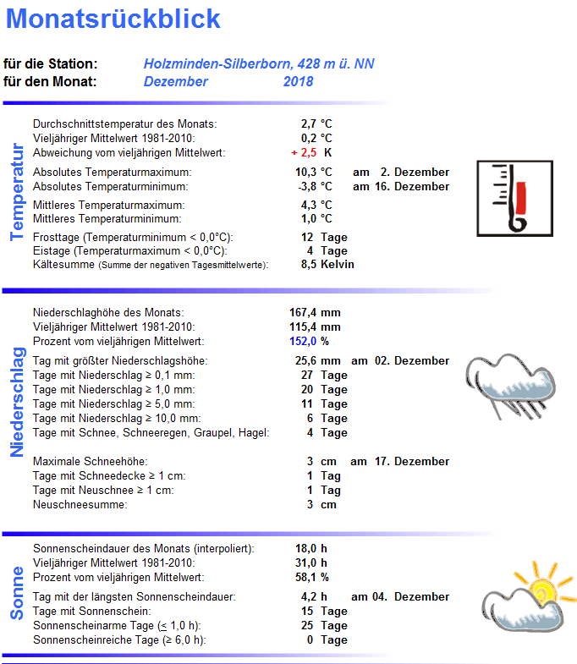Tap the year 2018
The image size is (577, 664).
pos(298,82)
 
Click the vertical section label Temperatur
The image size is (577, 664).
pos(16,192)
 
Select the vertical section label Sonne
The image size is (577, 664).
pos(16,592)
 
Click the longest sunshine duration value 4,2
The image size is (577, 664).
pos(308,597)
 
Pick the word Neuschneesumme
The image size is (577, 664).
pos(80,505)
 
